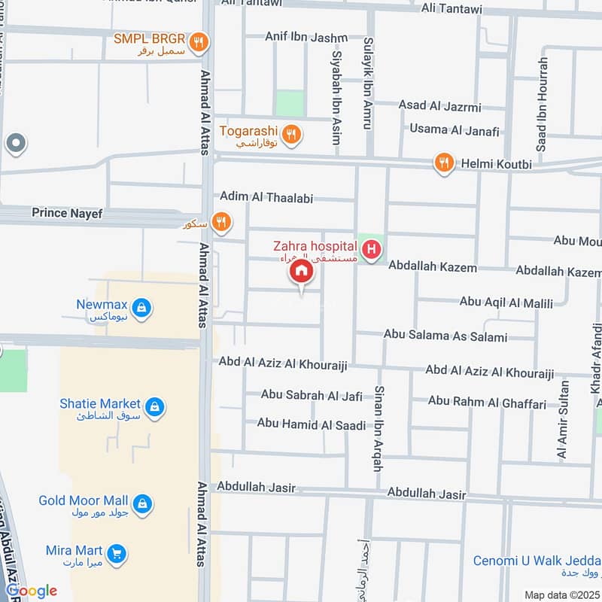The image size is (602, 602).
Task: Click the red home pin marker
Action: click(x=301, y=272)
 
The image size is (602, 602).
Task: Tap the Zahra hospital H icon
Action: click(x=370, y=248)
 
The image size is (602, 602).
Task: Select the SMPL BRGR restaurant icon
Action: click(x=198, y=43)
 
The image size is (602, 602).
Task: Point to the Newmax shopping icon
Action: click(x=141, y=308)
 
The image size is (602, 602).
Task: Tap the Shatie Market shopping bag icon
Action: click(x=154, y=407)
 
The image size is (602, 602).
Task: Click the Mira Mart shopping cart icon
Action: click(x=116, y=554)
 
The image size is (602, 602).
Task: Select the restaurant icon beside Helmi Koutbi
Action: click(x=444, y=163)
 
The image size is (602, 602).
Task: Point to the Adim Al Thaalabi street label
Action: click(x=266, y=197)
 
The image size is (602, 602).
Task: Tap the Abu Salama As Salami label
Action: click(x=445, y=336)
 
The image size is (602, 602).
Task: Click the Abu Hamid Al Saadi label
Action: click(x=311, y=424)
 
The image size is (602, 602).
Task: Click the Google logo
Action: click(x=32, y=591)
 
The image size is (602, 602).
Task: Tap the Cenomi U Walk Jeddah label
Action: click(x=537, y=561)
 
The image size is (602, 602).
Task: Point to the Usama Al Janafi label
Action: click(x=454, y=130)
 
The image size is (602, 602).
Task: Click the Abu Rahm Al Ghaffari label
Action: click(x=487, y=403)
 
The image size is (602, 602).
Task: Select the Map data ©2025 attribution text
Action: click(x=561, y=594)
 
